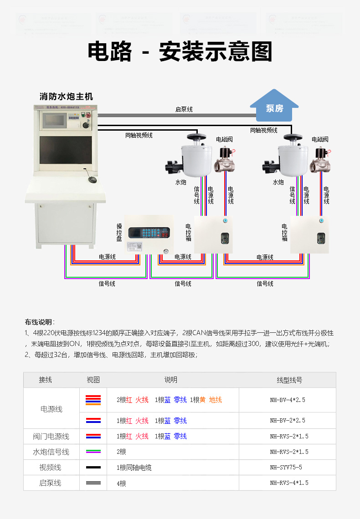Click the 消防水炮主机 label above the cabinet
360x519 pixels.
[66, 97]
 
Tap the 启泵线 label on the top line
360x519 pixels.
[184, 110]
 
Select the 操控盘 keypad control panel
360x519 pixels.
[149, 234]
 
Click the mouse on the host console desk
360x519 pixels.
[93, 179]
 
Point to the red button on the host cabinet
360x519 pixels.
[88, 115]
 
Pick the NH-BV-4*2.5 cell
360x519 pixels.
[287, 400]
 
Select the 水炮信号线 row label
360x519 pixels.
[51, 452]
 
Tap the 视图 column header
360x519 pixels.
[93, 380]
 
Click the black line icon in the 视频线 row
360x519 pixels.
[93, 468]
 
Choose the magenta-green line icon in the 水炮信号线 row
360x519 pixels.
[93, 452]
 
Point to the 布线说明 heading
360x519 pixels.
[39, 322]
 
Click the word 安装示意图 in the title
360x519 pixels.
[216, 52]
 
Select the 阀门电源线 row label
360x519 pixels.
[51, 437]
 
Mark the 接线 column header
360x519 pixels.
[46, 380]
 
